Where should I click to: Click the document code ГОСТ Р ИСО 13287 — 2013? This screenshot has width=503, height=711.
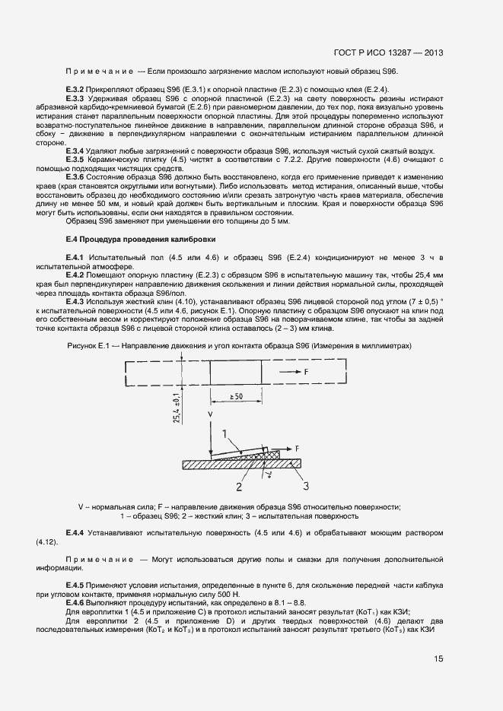point(388,53)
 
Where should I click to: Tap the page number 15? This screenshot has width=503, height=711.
point(438,659)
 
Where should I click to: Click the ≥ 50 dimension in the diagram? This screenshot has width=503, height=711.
point(237,398)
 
